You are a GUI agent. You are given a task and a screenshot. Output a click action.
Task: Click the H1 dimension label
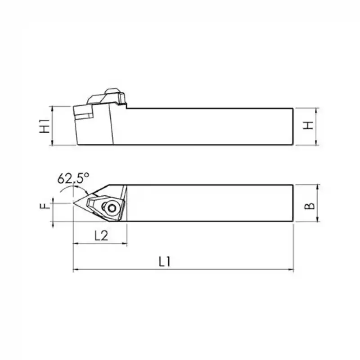pos(45,126)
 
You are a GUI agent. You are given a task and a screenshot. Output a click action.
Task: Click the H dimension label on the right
pos(308,126)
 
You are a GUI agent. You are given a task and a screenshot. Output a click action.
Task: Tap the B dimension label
pos(310,203)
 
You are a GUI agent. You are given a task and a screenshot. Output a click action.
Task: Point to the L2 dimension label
pos(101,235)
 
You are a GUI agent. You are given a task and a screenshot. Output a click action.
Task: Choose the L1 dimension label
pos(165,261)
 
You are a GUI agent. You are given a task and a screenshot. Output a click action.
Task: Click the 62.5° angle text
pos(73,178)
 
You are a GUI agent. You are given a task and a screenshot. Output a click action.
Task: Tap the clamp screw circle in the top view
pos(112,208)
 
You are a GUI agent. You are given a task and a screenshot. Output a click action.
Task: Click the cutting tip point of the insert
pos(73,203)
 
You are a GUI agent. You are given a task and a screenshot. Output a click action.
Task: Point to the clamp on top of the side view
pos(107,96)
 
